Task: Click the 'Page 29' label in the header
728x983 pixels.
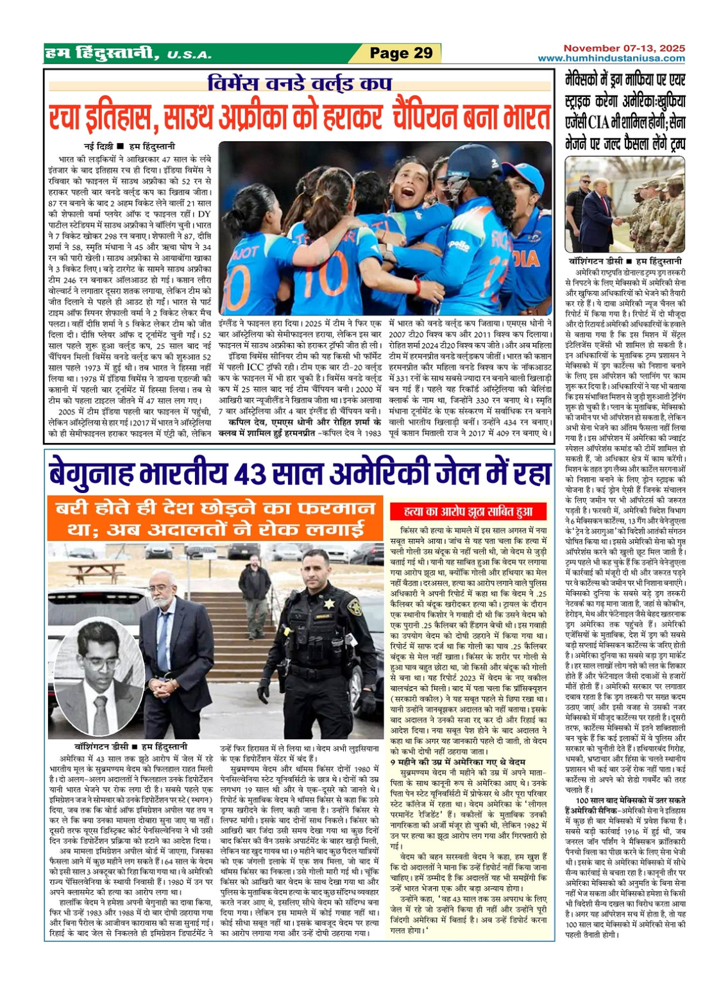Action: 402,53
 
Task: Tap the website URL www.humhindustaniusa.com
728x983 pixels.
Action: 611,58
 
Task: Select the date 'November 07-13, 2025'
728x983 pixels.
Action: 624,48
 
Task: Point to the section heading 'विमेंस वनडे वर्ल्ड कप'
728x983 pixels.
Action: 299,84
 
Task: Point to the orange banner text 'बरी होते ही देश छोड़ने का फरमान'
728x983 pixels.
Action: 215,510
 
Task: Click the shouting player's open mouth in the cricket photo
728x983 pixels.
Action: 405,191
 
